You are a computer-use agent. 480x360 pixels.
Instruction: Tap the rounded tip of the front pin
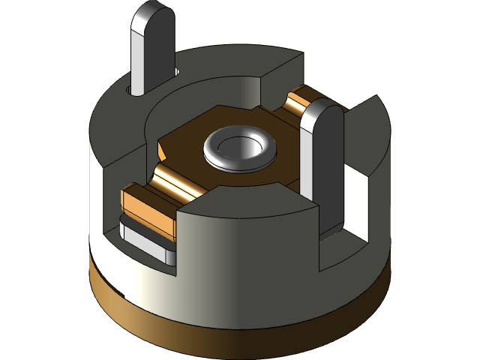click(x=324, y=116)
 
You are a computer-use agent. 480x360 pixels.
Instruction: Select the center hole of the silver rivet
click(x=238, y=145)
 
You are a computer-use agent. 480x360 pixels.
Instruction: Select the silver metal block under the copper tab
click(x=146, y=244)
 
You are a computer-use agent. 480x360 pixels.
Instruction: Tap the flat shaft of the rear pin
click(x=154, y=60)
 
